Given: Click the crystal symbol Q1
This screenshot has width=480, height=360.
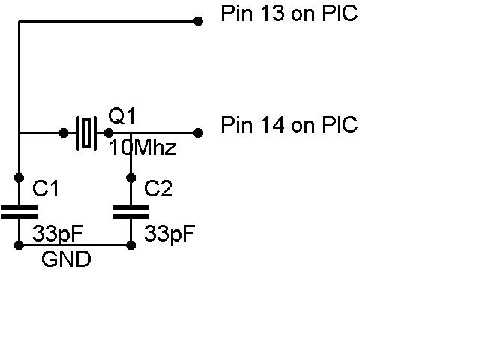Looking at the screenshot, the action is [87, 133].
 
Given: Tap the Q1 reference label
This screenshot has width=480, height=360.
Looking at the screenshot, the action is [121, 116].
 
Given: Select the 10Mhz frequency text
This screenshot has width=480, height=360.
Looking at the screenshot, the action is [142, 148].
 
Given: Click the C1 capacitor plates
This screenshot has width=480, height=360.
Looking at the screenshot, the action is [19, 211].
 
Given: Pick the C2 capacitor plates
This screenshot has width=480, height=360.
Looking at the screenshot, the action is [131, 211].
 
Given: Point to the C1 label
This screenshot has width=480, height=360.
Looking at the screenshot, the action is [45, 188].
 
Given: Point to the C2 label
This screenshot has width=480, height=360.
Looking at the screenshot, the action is [158, 188].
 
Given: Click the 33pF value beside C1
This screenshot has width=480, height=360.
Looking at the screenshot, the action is [58, 234].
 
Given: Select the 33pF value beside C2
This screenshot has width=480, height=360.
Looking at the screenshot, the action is [169, 234].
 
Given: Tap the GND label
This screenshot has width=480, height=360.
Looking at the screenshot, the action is [66, 259].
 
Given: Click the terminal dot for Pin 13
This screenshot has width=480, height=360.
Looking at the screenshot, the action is [198, 21].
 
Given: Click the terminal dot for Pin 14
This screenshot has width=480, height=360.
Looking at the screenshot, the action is [198, 133].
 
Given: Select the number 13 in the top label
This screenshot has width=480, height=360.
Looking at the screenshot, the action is [271, 13].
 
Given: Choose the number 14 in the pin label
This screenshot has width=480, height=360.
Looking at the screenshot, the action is [272, 125].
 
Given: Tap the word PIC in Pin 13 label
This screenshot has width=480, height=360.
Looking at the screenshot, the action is [340, 13].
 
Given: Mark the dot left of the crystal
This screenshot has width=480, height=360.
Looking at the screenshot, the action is [64, 133].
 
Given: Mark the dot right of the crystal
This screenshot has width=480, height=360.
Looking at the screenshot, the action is [109, 133].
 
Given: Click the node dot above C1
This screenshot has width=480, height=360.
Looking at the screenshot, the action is [19, 178].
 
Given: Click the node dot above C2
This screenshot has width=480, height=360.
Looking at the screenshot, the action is [131, 178].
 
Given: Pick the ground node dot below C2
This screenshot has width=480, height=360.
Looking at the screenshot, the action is [131, 245].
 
